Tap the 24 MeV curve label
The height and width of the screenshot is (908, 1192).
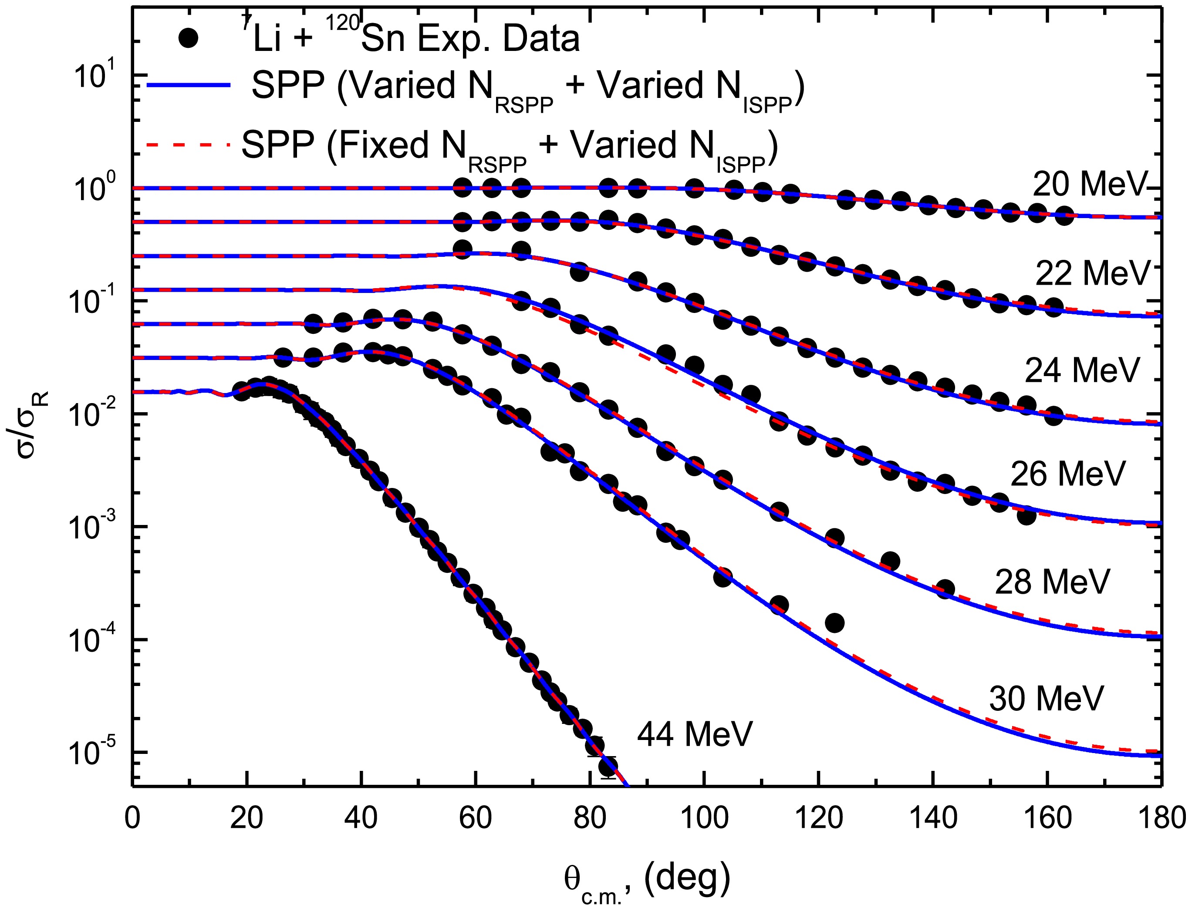tap(1082, 371)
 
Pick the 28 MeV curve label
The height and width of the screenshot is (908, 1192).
tap(1052, 582)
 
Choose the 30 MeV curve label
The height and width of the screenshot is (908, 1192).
tap(1046, 698)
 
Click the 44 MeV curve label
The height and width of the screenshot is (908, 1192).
tap(695, 734)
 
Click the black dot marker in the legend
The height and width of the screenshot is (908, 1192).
tap(189, 38)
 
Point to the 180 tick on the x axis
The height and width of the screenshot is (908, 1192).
tap(1161, 818)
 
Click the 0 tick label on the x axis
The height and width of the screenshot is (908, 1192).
tap(132, 818)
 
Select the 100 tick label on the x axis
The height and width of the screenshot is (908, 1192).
tap(703, 818)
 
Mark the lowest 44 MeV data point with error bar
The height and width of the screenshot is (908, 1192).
tap(608, 766)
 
